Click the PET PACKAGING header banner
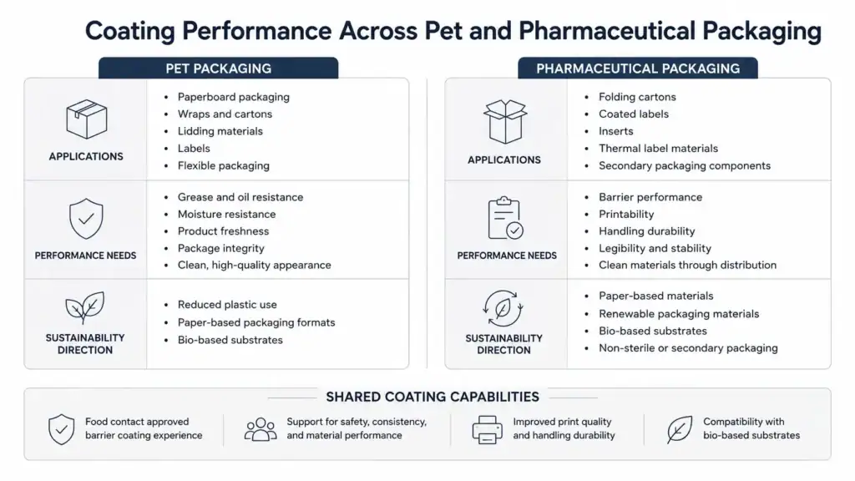[x=218, y=68]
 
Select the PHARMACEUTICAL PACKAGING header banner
[x=637, y=68]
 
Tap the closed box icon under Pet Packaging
[x=86, y=119]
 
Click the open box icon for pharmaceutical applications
[x=505, y=121]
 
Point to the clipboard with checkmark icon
[x=505, y=218]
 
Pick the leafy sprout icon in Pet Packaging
[x=85, y=308]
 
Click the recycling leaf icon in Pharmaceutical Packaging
[x=503, y=309]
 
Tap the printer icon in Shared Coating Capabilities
[x=487, y=429]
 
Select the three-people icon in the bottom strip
[x=261, y=428]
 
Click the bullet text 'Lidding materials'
[x=220, y=131]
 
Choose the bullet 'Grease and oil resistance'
[x=240, y=197]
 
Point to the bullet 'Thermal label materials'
[x=658, y=149]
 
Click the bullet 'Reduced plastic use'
[x=227, y=304]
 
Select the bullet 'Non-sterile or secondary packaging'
[x=688, y=348]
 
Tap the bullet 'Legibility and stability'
[x=655, y=248]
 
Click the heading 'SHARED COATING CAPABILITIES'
[x=433, y=397]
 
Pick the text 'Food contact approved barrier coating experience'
[x=144, y=428]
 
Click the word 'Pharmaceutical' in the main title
[x=606, y=31]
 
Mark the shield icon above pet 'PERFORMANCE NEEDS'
[x=86, y=218]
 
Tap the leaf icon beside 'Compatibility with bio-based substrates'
[x=680, y=429]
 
